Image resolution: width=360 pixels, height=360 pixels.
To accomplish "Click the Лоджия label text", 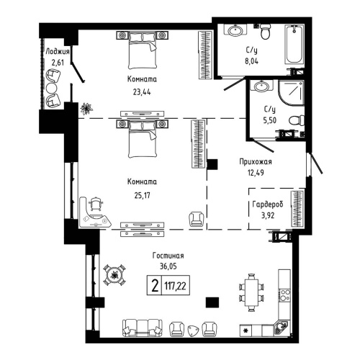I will click(55, 52).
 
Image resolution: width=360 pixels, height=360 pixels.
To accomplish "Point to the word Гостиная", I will click(168, 255).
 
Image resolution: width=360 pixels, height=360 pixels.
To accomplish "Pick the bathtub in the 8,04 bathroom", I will click(295, 44).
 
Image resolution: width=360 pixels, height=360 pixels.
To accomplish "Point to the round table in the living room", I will click(113, 274).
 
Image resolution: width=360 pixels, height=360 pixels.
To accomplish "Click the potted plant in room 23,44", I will click(86, 109).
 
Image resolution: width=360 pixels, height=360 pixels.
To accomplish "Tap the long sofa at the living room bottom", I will click(140, 328).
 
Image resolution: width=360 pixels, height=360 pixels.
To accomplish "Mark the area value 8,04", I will click(253, 62).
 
